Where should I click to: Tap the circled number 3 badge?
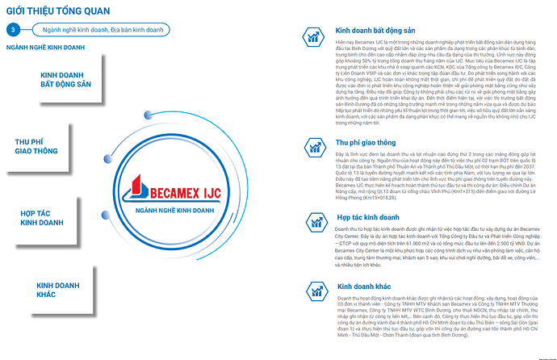tap(13, 30)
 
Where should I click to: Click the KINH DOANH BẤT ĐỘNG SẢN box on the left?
tap(66, 80)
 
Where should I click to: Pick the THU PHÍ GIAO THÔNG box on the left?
tap(36, 148)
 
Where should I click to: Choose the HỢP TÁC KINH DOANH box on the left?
tap(42, 216)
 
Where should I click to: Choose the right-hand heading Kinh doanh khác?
tap(363, 286)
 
